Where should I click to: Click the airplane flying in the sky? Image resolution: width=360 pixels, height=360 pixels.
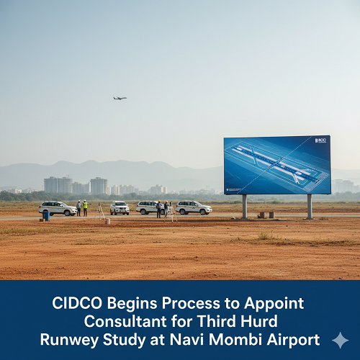point(120,98)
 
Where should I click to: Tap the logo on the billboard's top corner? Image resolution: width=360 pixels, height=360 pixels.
point(320,140)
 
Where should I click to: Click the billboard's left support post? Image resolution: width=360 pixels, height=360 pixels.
point(245,206)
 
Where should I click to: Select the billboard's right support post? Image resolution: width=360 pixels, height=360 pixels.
point(310,206)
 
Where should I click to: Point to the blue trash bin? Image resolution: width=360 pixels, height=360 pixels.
point(46,215)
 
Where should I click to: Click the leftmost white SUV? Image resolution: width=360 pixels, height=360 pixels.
point(58,208)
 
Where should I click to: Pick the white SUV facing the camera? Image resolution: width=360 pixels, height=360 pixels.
point(120,208)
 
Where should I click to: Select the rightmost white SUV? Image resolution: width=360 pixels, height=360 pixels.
point(194,207)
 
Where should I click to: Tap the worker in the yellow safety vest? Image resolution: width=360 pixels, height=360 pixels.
point(85,208)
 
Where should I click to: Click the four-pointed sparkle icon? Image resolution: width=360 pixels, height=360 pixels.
point(340,340)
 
